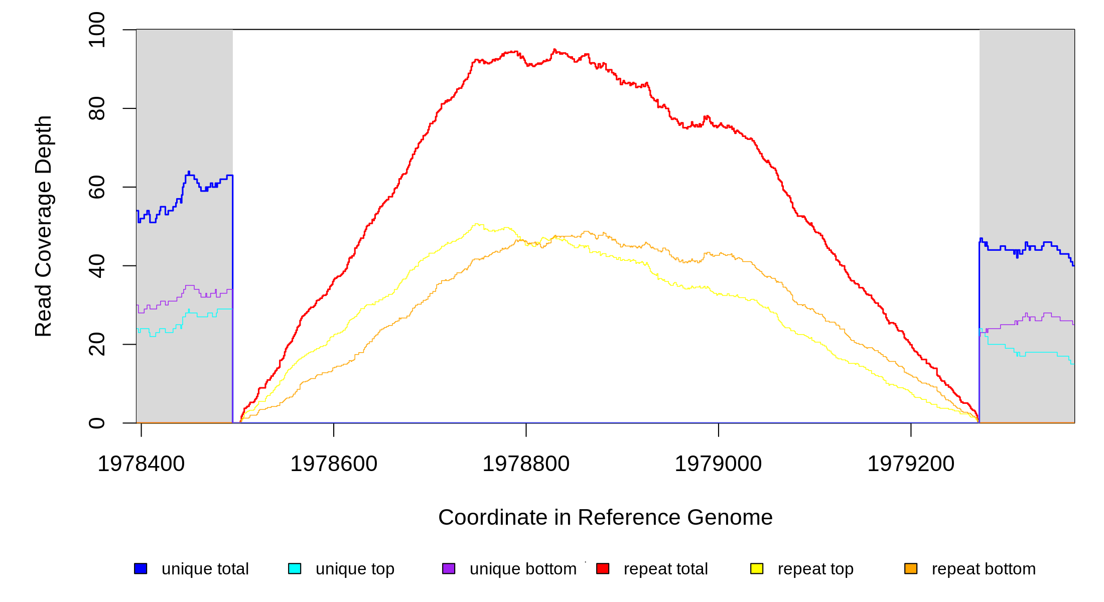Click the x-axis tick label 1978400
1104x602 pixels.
click(141, 464)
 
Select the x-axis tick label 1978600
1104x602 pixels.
click(334, 464)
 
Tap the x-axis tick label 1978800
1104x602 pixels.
click(526, 464)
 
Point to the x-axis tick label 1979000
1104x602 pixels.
click(718, 464)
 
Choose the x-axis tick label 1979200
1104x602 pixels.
click(911, 464)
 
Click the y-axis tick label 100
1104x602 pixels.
click(97, 30)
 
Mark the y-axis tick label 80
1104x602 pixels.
click(97, 108)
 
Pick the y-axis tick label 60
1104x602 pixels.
click(97, 187)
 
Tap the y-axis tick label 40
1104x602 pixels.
click(97, 266)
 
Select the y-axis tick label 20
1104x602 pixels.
click(97, 344)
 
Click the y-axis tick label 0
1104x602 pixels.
click(97, 423)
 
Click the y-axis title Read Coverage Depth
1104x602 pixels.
click(44, 226)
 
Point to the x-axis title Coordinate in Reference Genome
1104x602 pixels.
click(605, 517)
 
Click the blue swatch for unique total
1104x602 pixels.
click(141, 568)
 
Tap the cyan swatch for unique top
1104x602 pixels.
click(295, 568)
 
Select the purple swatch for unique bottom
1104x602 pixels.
click(449, 568)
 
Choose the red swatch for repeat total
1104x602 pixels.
click(603, 568)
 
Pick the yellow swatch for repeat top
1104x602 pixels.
click(757, 568)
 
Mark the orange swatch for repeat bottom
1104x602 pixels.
click(911, 568)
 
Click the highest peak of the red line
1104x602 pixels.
click(554, 50)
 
